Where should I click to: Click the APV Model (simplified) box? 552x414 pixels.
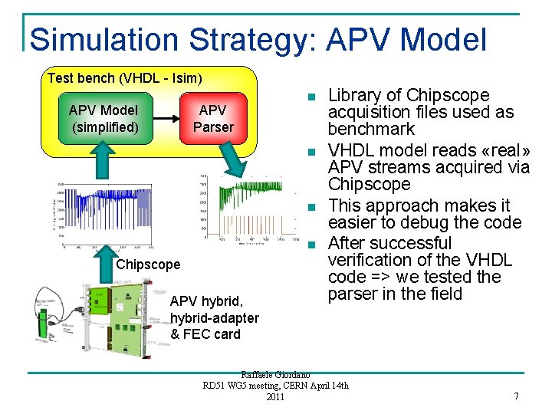[x=105, y=118]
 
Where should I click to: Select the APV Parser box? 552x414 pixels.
[x=213, y=118]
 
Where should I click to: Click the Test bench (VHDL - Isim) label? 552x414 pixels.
[x=124, y=77]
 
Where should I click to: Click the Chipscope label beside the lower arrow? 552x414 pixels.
[x=149, y=264]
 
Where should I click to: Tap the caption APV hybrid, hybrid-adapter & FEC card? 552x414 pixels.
[x=214, y=317]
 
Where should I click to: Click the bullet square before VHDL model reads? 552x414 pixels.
[x=310, y=152]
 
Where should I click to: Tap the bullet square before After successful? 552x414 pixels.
[x=310, y=245]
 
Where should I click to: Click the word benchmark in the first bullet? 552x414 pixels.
[x=372, y=129]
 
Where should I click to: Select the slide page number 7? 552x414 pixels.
[x=516, y=396]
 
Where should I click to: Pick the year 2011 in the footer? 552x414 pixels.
[x=275, y=396]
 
